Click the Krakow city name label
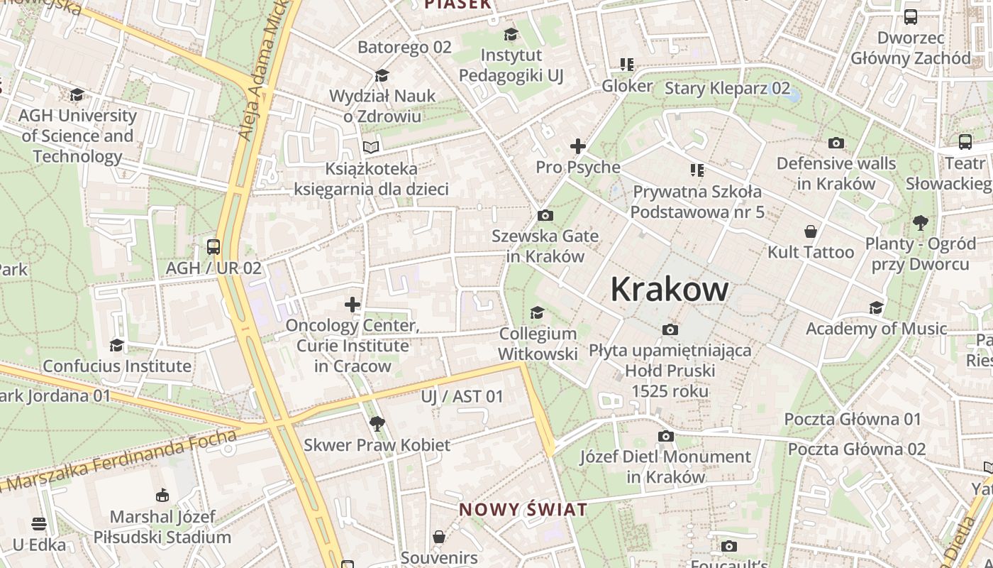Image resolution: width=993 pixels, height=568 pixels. (x=669, y=289)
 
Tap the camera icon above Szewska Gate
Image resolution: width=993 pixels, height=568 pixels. (x=545, y=215)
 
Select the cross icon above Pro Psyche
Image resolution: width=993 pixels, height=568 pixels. (x=578, y=146)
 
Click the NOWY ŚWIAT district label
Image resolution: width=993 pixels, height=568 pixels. (x=523, y=509)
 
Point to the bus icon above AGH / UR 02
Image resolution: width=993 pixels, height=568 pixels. (x=213, y=247)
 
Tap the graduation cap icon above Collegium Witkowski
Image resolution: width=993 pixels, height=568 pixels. (x=538, y=312)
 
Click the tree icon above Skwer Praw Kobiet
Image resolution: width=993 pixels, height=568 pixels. (x=377, y=424)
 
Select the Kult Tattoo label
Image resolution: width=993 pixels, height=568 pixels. (x=811, y=252)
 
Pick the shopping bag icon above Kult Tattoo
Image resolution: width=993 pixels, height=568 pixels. (x=811, y=231)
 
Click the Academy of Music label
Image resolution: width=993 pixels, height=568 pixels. (x=876, y=329)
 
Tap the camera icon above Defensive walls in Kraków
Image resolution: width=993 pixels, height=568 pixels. (x=836, y=143)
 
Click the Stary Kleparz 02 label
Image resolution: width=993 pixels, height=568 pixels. (x=727, y=88)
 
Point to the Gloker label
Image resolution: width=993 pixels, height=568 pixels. (x=627, y=86)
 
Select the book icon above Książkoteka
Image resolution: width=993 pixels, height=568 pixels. (x=371, y=147)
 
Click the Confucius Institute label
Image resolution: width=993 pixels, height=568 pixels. (x=117, y=366)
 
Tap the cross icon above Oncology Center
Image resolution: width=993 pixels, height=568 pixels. (x=353, y=305)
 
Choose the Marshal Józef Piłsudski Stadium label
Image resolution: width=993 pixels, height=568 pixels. (x=162, y=527)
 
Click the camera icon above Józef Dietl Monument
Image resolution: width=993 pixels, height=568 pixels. (x=665, y=436)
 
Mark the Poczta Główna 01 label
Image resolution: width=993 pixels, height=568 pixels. (x=852, y=419)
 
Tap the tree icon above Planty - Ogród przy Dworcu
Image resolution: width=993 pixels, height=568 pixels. (x=921, y=223)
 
